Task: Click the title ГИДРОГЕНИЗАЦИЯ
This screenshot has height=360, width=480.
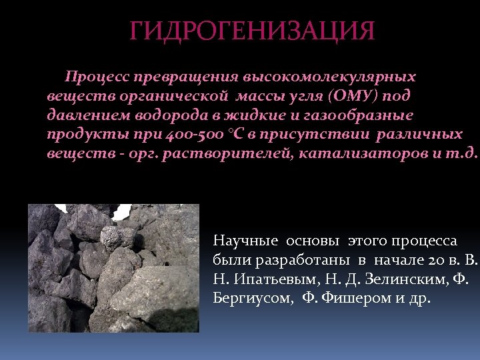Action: [253, 31]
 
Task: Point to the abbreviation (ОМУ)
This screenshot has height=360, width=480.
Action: [353, 96]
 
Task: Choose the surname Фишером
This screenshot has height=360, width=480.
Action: [351, 298]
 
